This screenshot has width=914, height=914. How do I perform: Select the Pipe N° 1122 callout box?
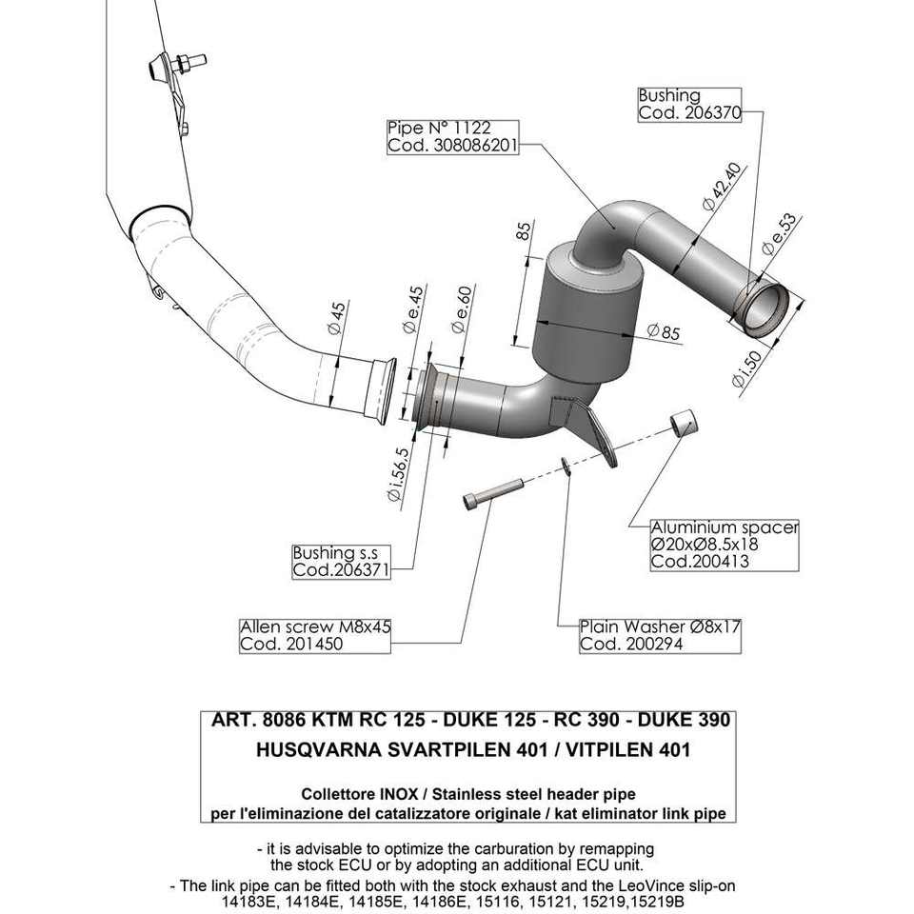tap(451, 138)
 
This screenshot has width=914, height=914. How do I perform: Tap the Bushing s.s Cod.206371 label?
tap(341, 562)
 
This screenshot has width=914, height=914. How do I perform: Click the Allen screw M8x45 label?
tap(315, 635)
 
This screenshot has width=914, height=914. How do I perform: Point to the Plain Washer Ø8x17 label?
tap(660, 635)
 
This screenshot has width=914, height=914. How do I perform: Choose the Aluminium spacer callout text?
tap(724, 544)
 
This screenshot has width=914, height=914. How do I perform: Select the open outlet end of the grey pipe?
tap(765, 308)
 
